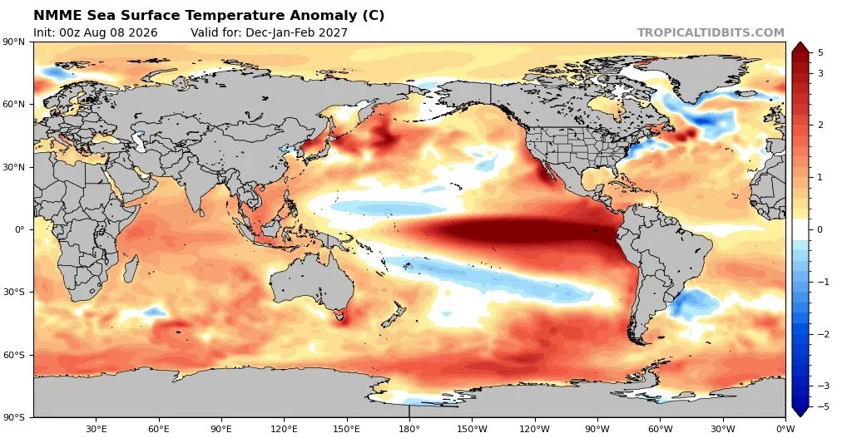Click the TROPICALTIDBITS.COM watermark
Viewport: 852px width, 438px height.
tap(711, 32)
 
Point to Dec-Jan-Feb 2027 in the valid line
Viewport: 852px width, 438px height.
tap(297, 32)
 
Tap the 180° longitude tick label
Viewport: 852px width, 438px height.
tap(409, 429)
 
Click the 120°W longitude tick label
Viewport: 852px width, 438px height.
tap(534, 429)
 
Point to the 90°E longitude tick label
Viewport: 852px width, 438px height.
tap(221, 429)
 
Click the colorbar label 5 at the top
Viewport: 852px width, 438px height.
tap(820, 52)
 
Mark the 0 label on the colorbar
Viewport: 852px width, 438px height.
tap(820, 229)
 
